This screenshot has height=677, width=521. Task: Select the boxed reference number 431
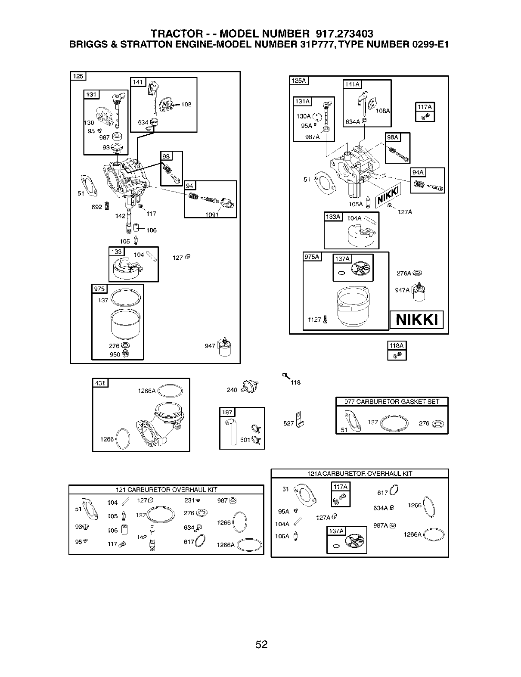tap(100, 383)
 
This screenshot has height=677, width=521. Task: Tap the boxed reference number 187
tap(227, 412)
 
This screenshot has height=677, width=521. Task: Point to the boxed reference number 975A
tap(312, 257)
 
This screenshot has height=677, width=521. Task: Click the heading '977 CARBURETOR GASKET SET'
tap(391, 402)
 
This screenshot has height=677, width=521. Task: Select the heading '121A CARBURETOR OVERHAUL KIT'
tap(360, 474)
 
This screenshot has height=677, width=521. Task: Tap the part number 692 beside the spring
tap(96, 207)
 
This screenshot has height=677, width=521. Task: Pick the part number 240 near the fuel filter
tap(232, 390)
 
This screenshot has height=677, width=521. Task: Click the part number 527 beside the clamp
tap(288, 424)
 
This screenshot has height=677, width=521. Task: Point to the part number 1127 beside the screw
tap(314, 320)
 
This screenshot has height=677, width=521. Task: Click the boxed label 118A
tap(397, 345)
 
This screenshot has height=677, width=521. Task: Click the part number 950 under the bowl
tap(115, 354)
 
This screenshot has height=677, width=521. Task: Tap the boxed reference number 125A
tap(298, 80)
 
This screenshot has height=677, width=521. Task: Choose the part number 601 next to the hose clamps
tap(245, 440)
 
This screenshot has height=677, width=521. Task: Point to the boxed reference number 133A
tap(333, 217)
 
